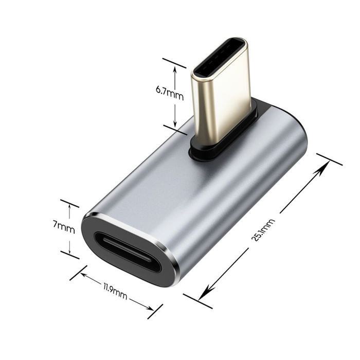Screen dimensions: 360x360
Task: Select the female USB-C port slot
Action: pyautogui.click(x=127, y=253)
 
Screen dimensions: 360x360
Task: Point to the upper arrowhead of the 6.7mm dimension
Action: pyautogui.click(x=175, y=70)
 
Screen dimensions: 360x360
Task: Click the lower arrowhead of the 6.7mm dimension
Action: pyautogui.click(x=175, y=123)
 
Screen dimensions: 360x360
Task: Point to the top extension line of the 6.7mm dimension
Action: pyautogui.click(x=174, y=63)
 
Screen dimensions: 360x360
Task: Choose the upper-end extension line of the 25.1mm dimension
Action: pyautogui.click(x=329, y=159)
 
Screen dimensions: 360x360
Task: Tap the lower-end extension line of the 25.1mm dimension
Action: pyautogui.click(x=197, y=301)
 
